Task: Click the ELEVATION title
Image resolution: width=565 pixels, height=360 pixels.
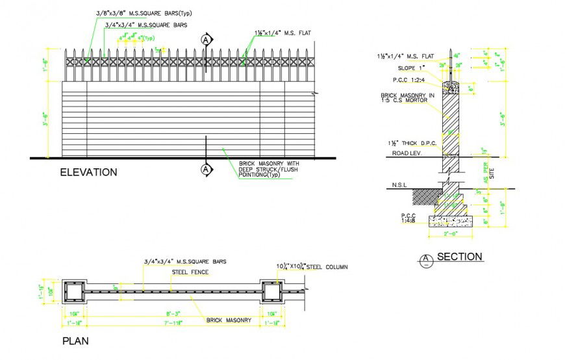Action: coord(88,172)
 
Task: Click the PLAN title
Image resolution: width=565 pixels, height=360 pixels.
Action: coord(75,341)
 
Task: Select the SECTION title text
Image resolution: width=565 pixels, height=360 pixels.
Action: coord(459,257)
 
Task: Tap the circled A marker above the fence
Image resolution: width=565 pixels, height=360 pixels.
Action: coord(206,40)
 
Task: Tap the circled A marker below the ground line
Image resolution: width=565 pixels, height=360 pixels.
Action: coord(206,170)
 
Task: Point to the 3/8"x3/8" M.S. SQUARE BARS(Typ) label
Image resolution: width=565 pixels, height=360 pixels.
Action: coord(144,13)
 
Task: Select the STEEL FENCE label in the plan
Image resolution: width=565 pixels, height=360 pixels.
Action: coord(190,272)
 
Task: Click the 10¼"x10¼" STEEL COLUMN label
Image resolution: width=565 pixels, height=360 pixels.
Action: coord(312,267)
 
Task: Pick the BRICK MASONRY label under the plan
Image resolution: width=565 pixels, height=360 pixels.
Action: coord(229,320)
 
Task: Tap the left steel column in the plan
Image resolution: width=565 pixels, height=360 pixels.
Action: coord(75,293)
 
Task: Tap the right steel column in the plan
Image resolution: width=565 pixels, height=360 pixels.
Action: coord(271,293)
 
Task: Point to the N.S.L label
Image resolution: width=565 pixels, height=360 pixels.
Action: coord(399,185)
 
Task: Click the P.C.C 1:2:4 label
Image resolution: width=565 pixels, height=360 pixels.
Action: coord(408,80)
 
